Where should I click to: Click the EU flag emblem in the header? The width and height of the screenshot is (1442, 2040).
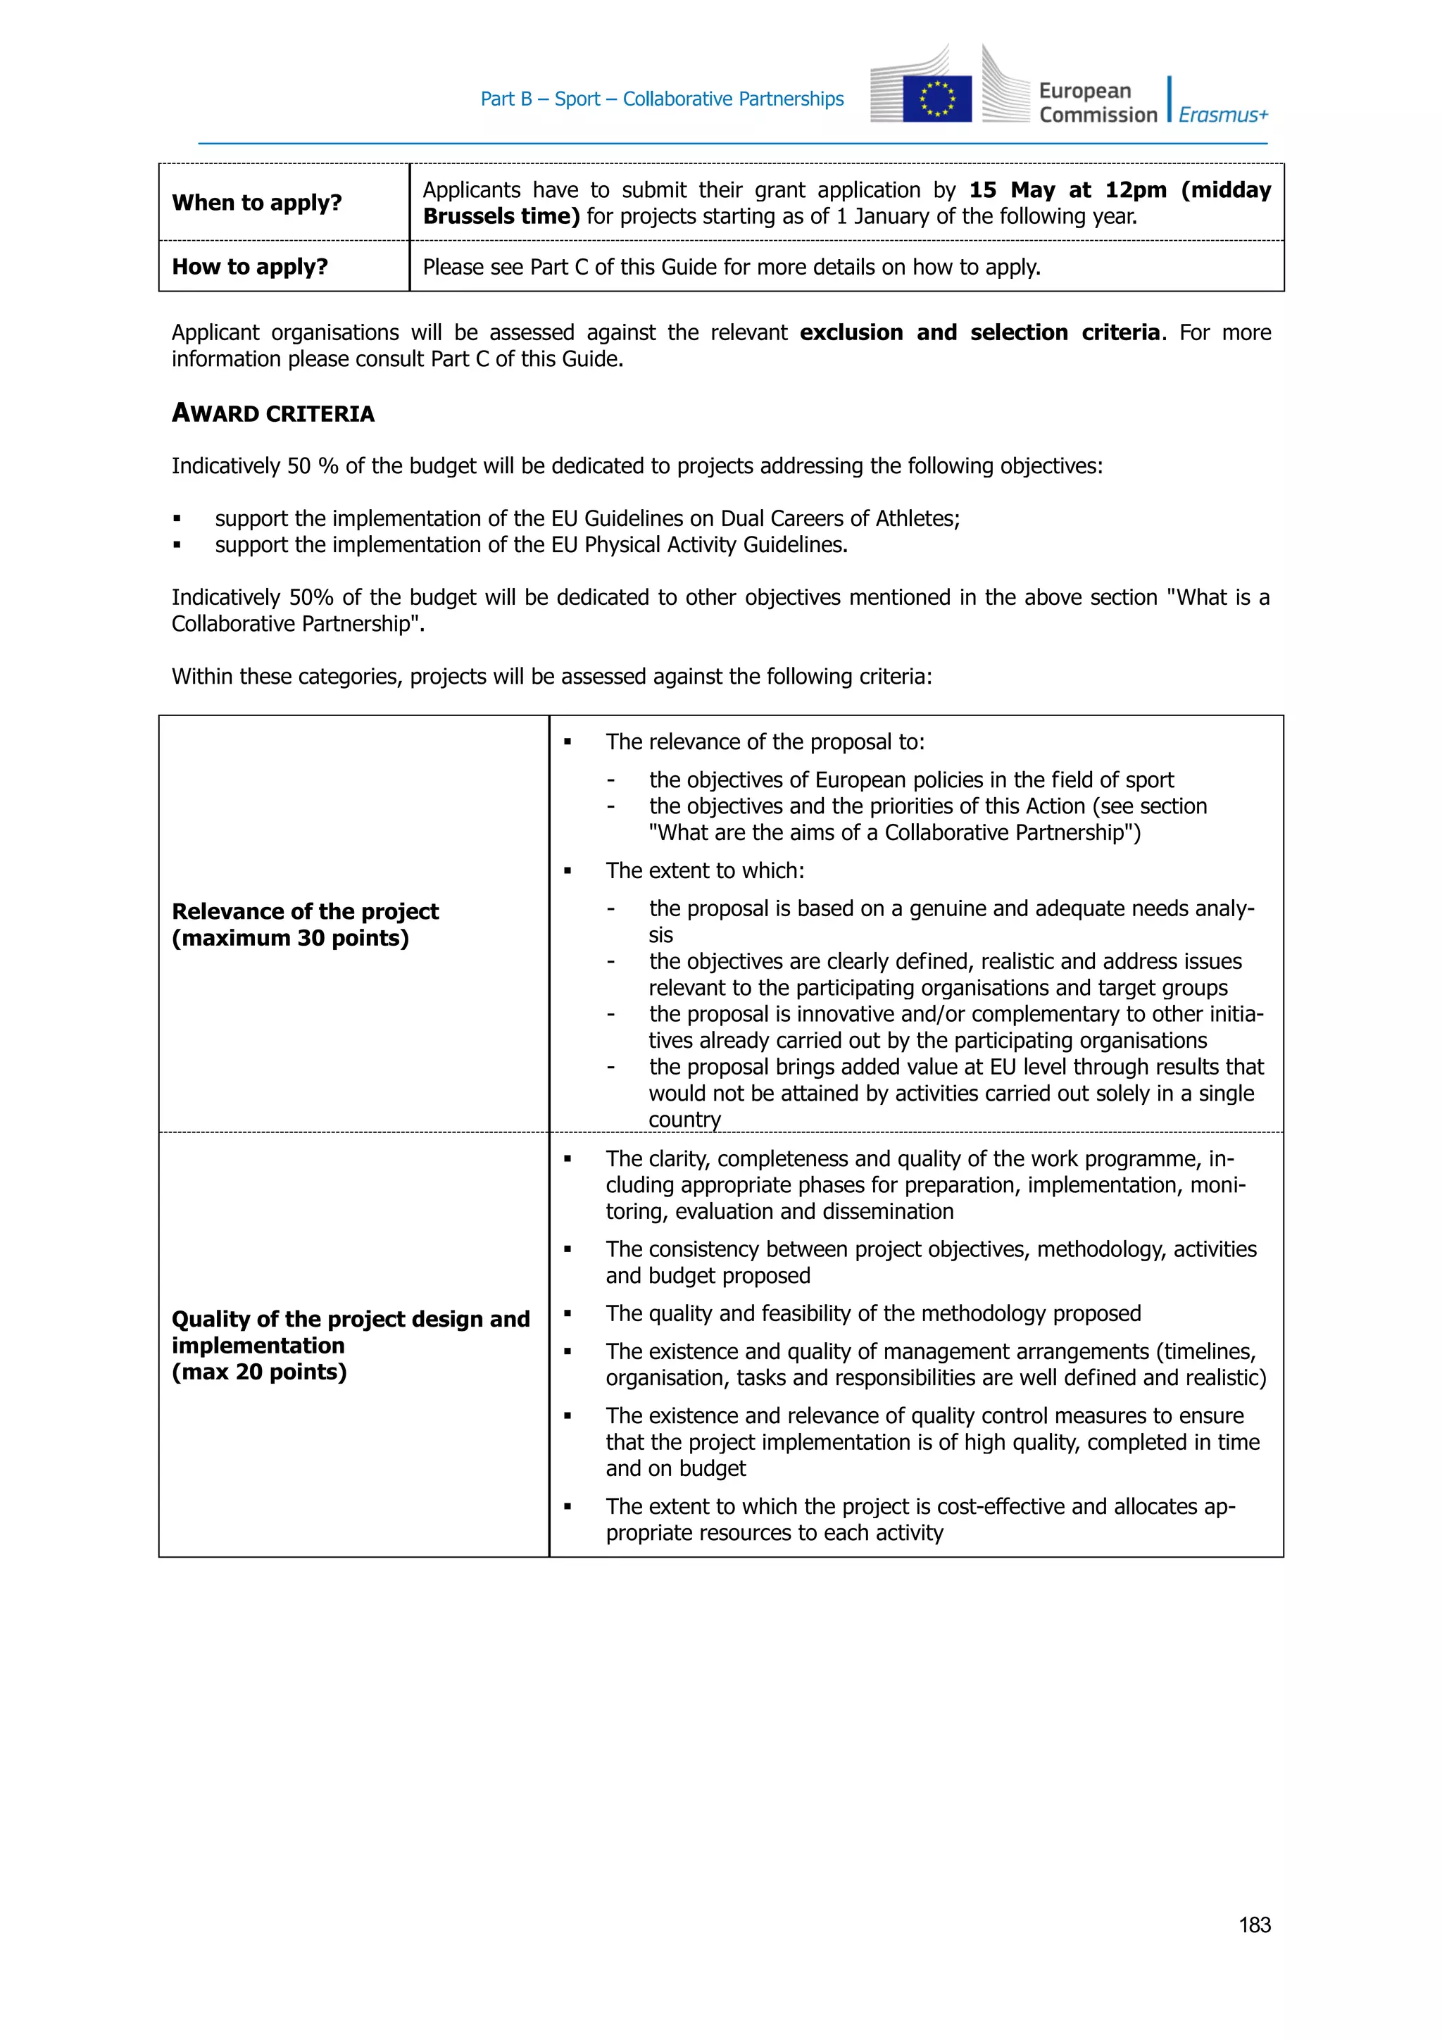[936, 99]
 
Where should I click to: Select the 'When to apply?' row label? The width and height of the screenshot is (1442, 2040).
[257, 203]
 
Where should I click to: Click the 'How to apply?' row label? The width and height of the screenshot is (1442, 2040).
[250, 267]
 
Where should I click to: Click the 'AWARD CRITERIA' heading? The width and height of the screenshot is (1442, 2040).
[272, 413]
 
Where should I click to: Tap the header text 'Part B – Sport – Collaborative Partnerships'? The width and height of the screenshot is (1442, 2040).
[662, 99]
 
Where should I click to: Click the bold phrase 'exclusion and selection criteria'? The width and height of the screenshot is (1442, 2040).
[979, 332]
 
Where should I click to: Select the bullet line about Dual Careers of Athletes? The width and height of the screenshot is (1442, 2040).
[587, 518]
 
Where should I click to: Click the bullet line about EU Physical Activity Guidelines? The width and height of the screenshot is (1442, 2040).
[530, 544]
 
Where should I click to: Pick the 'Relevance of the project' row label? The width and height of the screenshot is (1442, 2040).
[305, 912]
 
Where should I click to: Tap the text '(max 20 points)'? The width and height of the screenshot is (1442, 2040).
[258, 1372]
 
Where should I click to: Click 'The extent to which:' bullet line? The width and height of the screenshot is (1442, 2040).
[705, 871]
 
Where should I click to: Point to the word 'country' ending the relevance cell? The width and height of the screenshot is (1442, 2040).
[684, 1120]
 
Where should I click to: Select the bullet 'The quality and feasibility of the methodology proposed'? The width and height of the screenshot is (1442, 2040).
[872, 1313]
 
